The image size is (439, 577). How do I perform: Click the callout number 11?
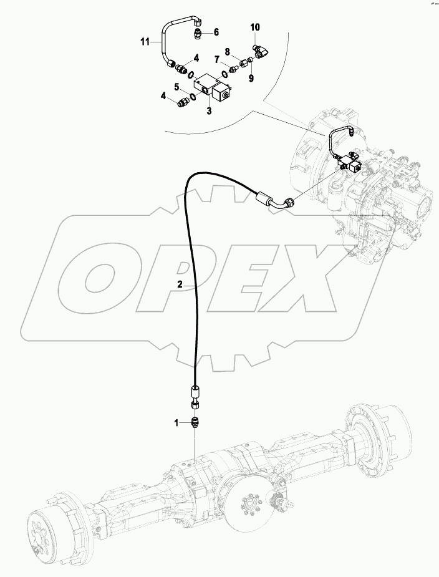coord(145,42)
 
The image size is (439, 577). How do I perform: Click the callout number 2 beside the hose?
coord(179,284)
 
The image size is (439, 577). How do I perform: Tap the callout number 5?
coord(176,87)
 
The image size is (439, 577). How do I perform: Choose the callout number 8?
coord(227,51)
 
